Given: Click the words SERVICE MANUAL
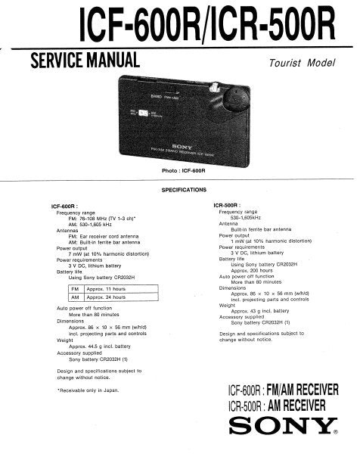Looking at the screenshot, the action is click(x=83, y=60).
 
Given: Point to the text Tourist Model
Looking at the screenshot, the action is click(x=299, y=64).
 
